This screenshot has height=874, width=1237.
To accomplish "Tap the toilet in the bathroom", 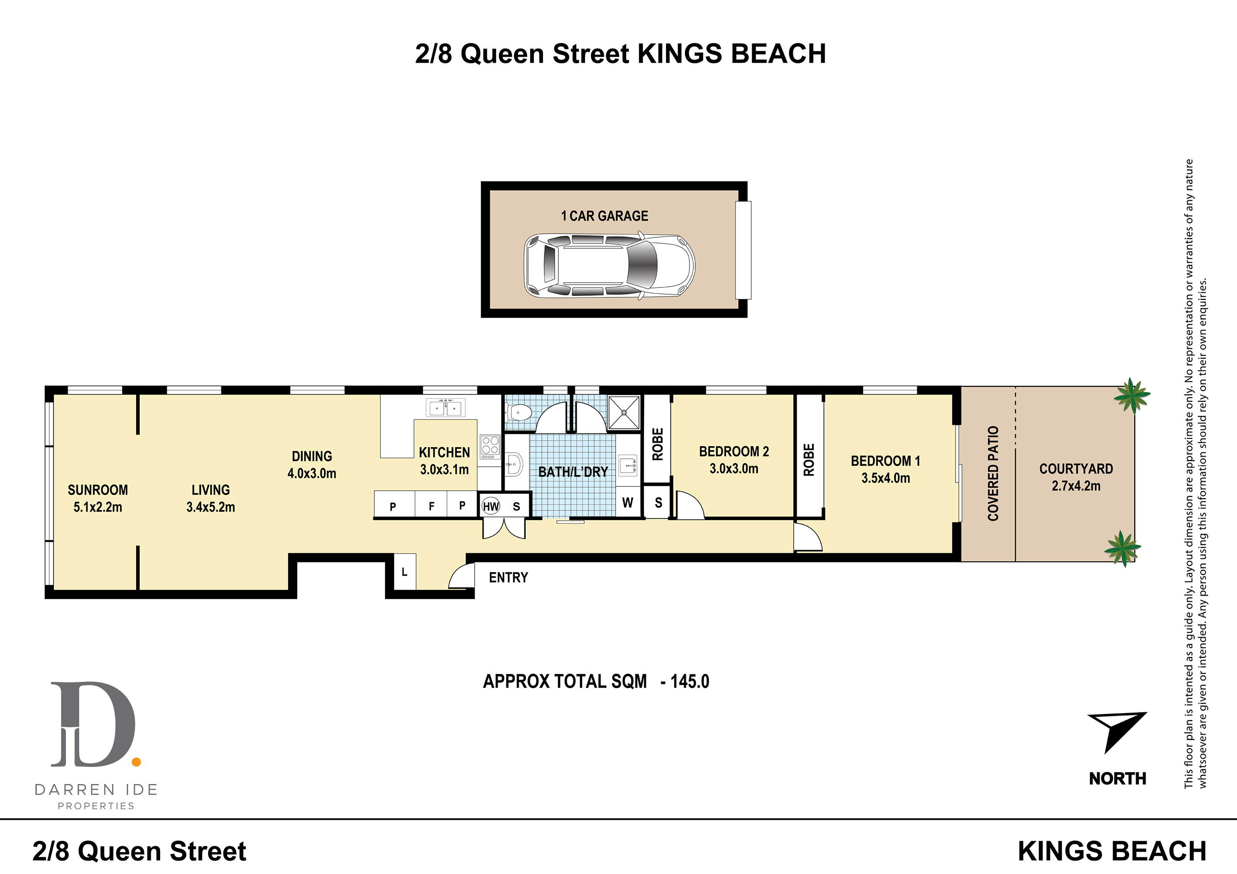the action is pyautogui.click(x=519, y=413).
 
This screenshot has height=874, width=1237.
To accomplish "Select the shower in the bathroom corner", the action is pyautogui.click(x=624, y=413).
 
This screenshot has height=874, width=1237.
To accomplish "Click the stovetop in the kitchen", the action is pyautogui.click(x=490, y=447).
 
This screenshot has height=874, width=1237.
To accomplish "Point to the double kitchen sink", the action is pyautogui.click(x=446, y=408).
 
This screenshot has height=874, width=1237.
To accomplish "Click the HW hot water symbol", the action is pyautogui.click(x=491, y=506).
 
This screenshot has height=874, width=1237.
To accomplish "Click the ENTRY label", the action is pyautogui.click(x=508, y=578).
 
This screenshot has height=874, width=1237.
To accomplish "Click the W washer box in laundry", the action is pyautogui.click(x=627, y=503).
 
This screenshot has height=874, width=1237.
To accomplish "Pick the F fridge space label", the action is pyautogui.click(x=432, y=506).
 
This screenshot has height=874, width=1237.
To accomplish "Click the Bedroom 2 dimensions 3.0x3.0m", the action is pyautogui.click(x=734, y=468).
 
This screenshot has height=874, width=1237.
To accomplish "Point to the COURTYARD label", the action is pyautogui.click(x=1077, y=469).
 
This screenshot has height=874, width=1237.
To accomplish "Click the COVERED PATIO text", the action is pyautogui.click(x=993, y=473).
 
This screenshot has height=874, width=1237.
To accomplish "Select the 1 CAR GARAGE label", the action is pyautogui.click(x=604, y=216).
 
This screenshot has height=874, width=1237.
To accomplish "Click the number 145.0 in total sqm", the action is pyautogui.click(x=690, y=682).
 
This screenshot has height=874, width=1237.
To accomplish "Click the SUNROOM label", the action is pyautogui.click(x=98, y=490).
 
